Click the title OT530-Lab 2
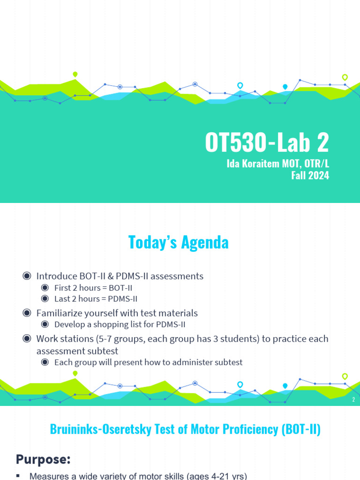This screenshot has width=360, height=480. [x=267, y=143]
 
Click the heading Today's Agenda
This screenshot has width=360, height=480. [x=178, y=242]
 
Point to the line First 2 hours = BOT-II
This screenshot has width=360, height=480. [x=97, y=287]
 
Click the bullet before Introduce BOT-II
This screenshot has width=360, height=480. [x=27, y=276]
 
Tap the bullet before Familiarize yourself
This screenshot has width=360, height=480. [x=27, y=313]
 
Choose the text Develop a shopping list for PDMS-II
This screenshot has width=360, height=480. [x=121, y=324]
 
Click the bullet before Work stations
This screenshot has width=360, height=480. [x=27, y=338]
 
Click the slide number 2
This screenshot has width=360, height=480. [x=353, y=399]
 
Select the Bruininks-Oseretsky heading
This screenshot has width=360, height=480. [x=185, y=430]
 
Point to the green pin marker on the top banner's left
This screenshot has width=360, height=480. [x=75, y=74]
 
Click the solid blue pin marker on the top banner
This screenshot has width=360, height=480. [x=285, y=87]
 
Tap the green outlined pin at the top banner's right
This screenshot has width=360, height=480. [x=345, y=77]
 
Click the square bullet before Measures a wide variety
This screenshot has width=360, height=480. [x=19, y=476]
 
